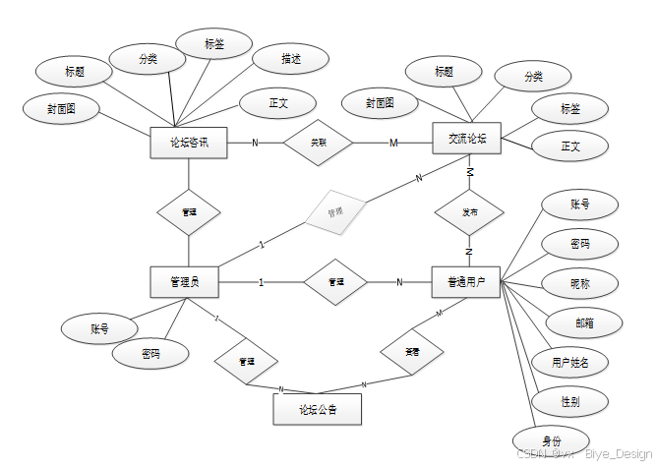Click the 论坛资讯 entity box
(189, 144)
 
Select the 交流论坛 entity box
(467, 139)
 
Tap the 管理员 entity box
(183, 282)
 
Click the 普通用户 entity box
(466, 282)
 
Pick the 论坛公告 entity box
(317, 408)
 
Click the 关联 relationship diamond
(318, 143)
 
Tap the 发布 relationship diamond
(470, 212)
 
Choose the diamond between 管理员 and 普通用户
(335, 282)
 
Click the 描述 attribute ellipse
(290, 60)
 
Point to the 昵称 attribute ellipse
(580, 283)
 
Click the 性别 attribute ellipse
(569, 401)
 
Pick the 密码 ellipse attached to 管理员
(149, 354)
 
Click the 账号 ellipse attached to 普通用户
(580, 204)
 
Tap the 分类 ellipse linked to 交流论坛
(533, 76)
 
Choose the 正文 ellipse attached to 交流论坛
(569, 147)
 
